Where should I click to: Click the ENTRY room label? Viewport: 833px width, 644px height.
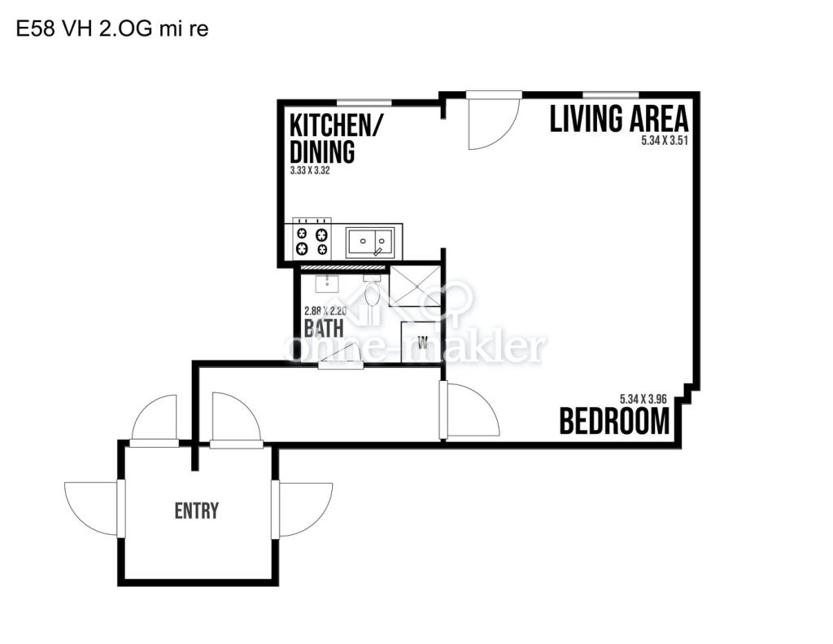tap(197, 510)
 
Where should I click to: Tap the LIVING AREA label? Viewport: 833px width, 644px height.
tap(619, 119)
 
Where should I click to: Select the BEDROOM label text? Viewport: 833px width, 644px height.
tap(615, 421)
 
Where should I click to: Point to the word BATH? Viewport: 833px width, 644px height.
tap(324, 327)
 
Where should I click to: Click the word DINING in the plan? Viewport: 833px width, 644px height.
tap(322, 151)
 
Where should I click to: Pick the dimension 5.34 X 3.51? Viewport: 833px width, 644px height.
tap(665, 140)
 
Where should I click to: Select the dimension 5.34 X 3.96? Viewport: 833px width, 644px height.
tap(643, 399)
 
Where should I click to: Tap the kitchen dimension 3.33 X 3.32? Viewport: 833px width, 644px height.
tap(310, 171)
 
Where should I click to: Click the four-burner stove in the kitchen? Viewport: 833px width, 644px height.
tap(312, 240)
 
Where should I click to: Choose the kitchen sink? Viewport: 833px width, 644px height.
tap(370, 242)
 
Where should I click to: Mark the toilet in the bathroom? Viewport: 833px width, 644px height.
tap(371, 290)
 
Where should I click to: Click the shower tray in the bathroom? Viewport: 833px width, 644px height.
tap(415, 286)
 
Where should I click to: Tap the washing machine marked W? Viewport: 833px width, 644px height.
tap(421, 342)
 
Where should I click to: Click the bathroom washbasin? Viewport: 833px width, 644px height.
tap(327, 284)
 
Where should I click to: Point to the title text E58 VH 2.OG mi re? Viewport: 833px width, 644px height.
tap(112, 28)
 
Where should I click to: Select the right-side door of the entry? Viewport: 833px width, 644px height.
tap(301, 509)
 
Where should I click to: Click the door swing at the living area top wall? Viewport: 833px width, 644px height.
tap(493, 120)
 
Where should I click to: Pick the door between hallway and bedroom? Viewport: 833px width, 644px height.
tap(469, 410)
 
